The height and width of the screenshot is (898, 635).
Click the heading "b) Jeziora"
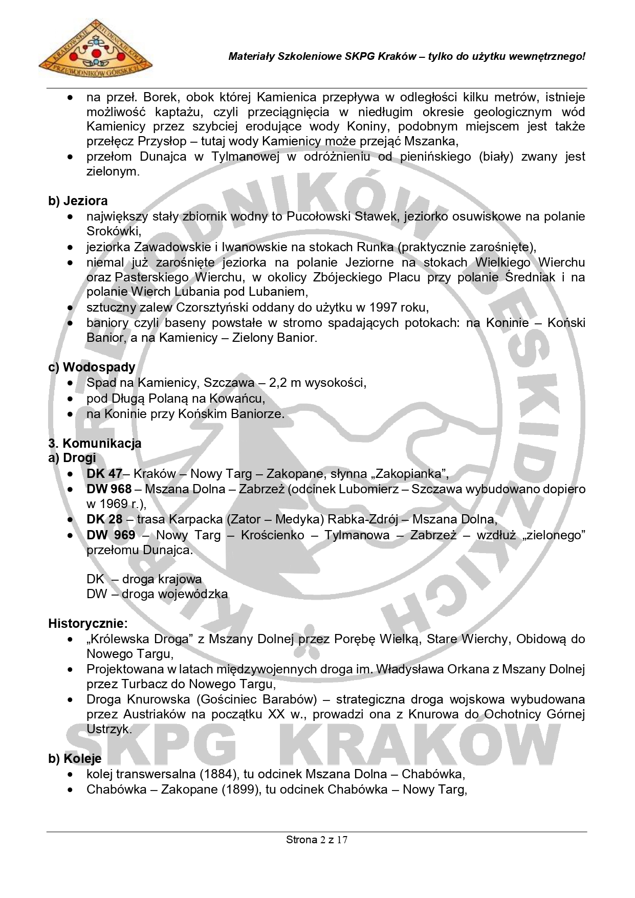pyautogui.click(x=78, y=201)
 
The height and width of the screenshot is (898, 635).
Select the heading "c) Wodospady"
pyautogui.click(x=92, y=367)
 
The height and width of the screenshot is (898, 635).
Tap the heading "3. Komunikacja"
pyautogui.click(x=95, y=443)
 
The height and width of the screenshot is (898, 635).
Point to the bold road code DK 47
pyautogui.click(x=104, y=473)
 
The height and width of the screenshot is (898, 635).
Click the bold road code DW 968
pyautogui.click(x=109, y=489)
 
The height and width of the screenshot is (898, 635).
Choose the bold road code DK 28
pyautogui.click(x=104, y=519)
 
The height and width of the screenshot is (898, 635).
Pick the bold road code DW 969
pyautogui.click(x=111, y=535)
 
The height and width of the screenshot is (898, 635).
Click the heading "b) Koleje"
pyautogui.click(x=75, y=758)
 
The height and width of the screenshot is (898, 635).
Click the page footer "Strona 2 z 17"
pyautogui.click(x=317, y=840)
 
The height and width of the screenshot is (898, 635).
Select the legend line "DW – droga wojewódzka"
pyautogui.click(x=157, y=594)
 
